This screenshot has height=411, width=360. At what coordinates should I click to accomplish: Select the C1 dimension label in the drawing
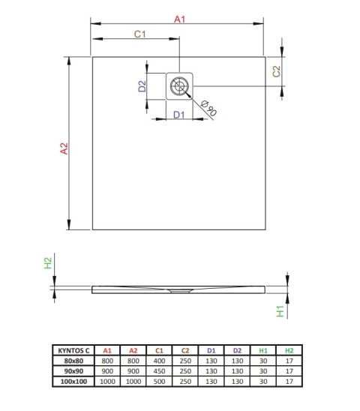click(x=138, y=34)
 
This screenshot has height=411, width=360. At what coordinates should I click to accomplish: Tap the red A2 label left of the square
click(x=64, y=149)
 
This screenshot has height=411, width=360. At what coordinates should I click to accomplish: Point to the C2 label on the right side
click(x=276, y=71)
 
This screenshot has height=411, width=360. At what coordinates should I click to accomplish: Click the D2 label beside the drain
click(x=141, y=86)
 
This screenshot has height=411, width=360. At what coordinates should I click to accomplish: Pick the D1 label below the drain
click(x=178, y=114)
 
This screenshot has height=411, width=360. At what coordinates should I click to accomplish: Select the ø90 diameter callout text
click(x=208, y=110)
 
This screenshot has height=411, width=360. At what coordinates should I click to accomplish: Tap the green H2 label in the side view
click(x=47, y=263)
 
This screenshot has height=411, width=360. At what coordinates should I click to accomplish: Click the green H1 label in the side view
click(x=280, y=310)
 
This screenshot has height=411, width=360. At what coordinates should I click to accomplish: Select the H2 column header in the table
click(x=288, y=349)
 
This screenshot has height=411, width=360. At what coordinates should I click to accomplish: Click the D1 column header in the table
click(x=211, y=349)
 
